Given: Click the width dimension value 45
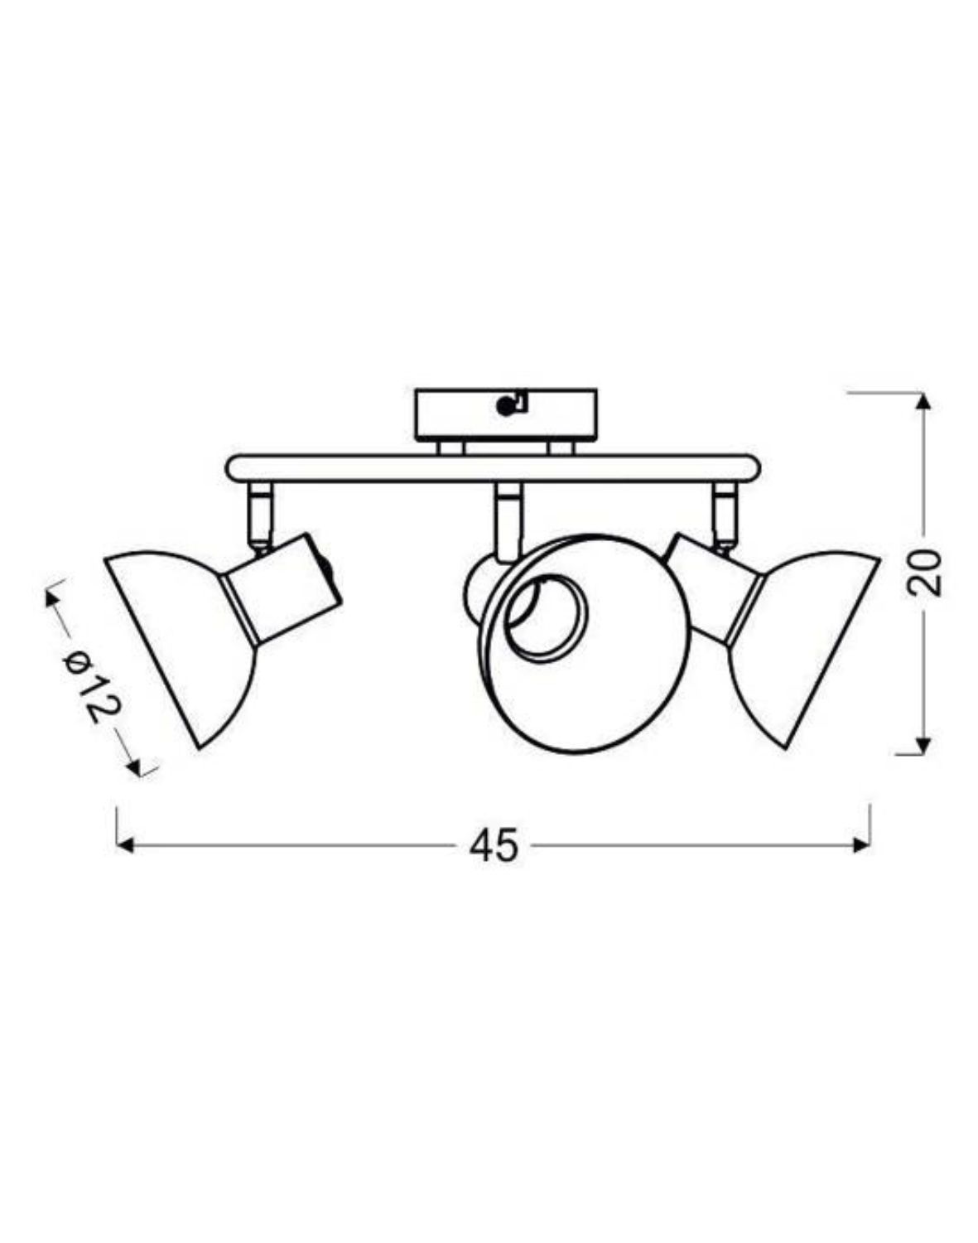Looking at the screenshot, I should pyautogui.click(x=494, y=846).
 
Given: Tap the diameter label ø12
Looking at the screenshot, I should pyautogui.click(x=93, y=685).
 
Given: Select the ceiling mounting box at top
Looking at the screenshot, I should pyautogui.click(x=505, y=414).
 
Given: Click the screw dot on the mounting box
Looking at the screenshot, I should pyautogui.click(x=503, y=406).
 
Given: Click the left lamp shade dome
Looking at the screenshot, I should pyautogui.click(x=178, y=638).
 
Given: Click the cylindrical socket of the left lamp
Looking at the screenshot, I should pyautogui.click(x=282, y=588).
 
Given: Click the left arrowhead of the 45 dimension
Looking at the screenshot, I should pyautogui.click(x=125, y=845).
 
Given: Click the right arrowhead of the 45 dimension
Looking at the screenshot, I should pyautogui.click(x=862, y=845).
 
